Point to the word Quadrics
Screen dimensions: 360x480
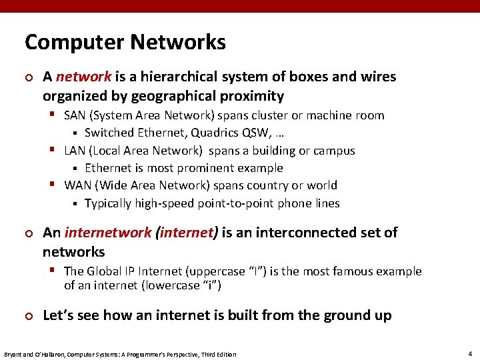tap(217, 133)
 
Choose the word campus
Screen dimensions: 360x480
tap(333, 151)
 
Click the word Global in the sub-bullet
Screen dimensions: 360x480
tap(105, 271)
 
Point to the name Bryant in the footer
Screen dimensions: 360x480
tap(13, 354)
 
